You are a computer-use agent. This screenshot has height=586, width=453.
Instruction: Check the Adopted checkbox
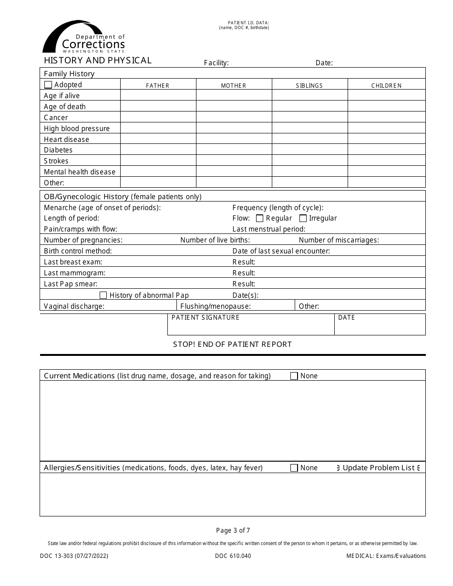[x=48, y=85]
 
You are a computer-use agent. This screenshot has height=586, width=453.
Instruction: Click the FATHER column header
[x=158, y=86]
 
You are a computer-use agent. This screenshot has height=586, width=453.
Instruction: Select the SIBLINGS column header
[x=309, y=86]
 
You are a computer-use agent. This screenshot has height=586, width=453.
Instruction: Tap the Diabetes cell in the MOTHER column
[x=234, y=150]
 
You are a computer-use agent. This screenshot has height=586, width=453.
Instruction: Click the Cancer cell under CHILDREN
[x=386, y=117]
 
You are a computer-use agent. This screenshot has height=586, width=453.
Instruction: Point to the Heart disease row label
[x=66, y=140]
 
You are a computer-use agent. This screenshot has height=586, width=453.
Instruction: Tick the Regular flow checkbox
[x=260, y=218]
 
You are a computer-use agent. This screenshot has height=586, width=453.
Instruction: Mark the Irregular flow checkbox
[x=303, y=218]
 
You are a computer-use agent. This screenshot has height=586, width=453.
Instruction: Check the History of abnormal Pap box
[x=103, y=295]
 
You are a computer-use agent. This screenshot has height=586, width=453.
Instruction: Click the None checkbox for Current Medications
[x=294, y=376]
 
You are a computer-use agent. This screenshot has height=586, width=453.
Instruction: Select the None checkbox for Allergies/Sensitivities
[x=294, y=468]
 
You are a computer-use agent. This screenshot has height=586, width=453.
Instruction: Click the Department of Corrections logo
[x=84, y=37]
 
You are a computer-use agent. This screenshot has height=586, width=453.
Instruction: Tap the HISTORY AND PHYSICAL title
[x=98, y=61]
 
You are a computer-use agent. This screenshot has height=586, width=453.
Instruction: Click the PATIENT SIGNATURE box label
[x=206, y=318]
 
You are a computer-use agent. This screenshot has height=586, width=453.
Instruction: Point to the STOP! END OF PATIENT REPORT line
[x=232, y=344]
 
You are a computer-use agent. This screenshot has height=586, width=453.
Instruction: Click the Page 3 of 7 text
[x=233, y=530]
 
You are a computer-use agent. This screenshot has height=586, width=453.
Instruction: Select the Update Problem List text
[x=379, y=468]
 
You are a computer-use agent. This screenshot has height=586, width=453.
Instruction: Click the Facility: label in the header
[x=216, y=63]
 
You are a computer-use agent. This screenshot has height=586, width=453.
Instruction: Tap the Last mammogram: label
[x=74, y=273]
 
